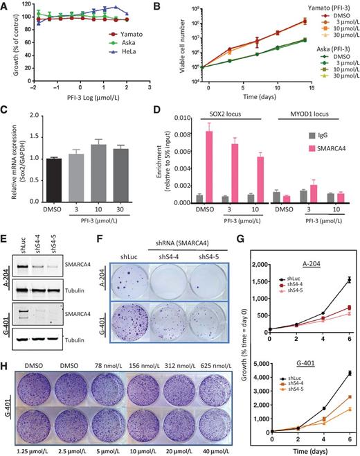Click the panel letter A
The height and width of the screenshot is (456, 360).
pos(5,6)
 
